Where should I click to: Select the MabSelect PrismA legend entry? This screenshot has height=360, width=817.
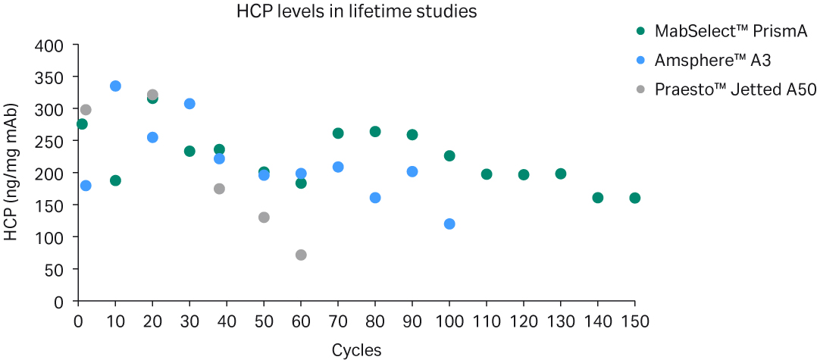[x=720, y=31]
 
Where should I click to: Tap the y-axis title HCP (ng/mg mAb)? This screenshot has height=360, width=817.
[x=11, y=174]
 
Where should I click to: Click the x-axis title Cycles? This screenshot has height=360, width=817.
[x=356, y=349]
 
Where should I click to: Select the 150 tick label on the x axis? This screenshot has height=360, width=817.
[x=635, y=321]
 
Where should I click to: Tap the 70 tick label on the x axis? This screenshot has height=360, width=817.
[x=338, y=321]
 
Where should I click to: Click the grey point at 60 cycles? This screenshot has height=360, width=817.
[x=301, y=255]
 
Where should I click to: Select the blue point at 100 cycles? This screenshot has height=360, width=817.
[x=449, y=224]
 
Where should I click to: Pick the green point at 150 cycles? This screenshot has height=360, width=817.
[x=635, y=198]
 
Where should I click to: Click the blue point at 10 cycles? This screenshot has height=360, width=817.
[x=115, y=86]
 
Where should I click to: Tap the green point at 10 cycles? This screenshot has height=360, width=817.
[x=115, y=180]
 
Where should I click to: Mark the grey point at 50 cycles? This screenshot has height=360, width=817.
[x=264, y=218]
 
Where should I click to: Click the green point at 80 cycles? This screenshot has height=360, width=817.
[x=375, y=131]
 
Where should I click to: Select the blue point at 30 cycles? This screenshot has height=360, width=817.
[x=189, y=103]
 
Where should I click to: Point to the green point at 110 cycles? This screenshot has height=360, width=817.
[x=487, y=174]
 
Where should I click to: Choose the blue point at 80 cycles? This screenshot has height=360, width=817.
[x=375, y=198]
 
